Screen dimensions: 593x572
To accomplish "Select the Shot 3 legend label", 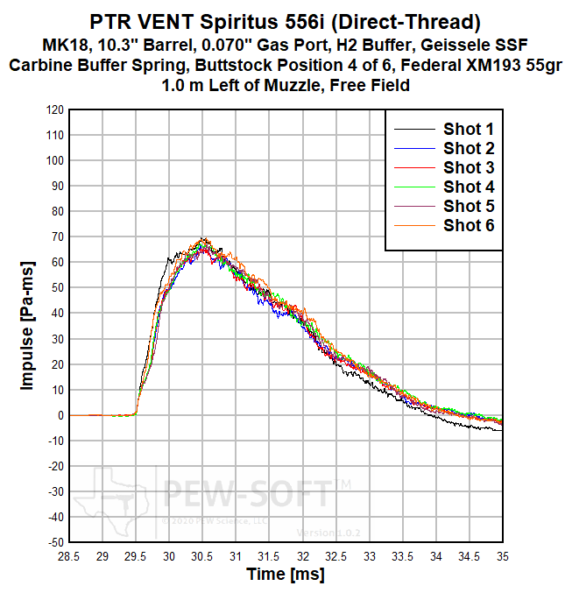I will [x=469, y=167].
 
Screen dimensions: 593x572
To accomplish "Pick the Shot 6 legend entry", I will [x=469, y=225].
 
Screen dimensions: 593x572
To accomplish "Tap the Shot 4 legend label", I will [x=469, y=187].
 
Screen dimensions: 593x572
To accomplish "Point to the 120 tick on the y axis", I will [x=54, y=110].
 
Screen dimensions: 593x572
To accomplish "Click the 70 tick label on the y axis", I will [x=58, y=237].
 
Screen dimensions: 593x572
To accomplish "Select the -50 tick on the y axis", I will [x=54, y=542].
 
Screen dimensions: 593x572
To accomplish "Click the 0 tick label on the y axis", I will [x=61, y=415].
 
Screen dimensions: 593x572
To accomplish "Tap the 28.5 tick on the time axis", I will [x=69, y=556].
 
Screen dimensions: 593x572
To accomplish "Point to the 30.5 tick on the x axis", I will [x=203, y=556].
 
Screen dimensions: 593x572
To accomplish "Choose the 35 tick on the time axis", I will [x=503, y=556].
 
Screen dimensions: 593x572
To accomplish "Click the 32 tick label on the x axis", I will [x=303, y=556].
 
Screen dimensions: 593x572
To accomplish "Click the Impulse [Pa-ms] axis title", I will [x=28, y=326].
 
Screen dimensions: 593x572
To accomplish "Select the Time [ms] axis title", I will [x=286, y=575].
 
